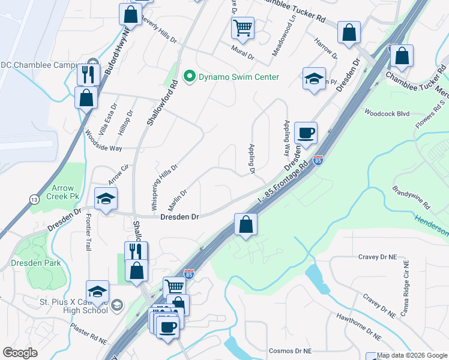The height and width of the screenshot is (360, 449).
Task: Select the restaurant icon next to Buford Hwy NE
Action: pos(86,74)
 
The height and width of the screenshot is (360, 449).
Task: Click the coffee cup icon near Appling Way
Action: pos(306,133)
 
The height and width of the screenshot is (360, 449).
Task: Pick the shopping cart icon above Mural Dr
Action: pos(243,26)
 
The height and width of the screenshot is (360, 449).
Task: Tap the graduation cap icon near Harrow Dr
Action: pos(313,79)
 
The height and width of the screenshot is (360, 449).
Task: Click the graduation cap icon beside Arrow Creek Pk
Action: pos(106,199)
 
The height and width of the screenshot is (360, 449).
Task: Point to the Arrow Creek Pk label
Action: pos(66,191)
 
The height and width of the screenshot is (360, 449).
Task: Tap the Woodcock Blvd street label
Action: pos(386,113)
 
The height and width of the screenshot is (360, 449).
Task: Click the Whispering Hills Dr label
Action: pos(164,187)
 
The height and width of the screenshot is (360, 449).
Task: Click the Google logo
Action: pos(20,353)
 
